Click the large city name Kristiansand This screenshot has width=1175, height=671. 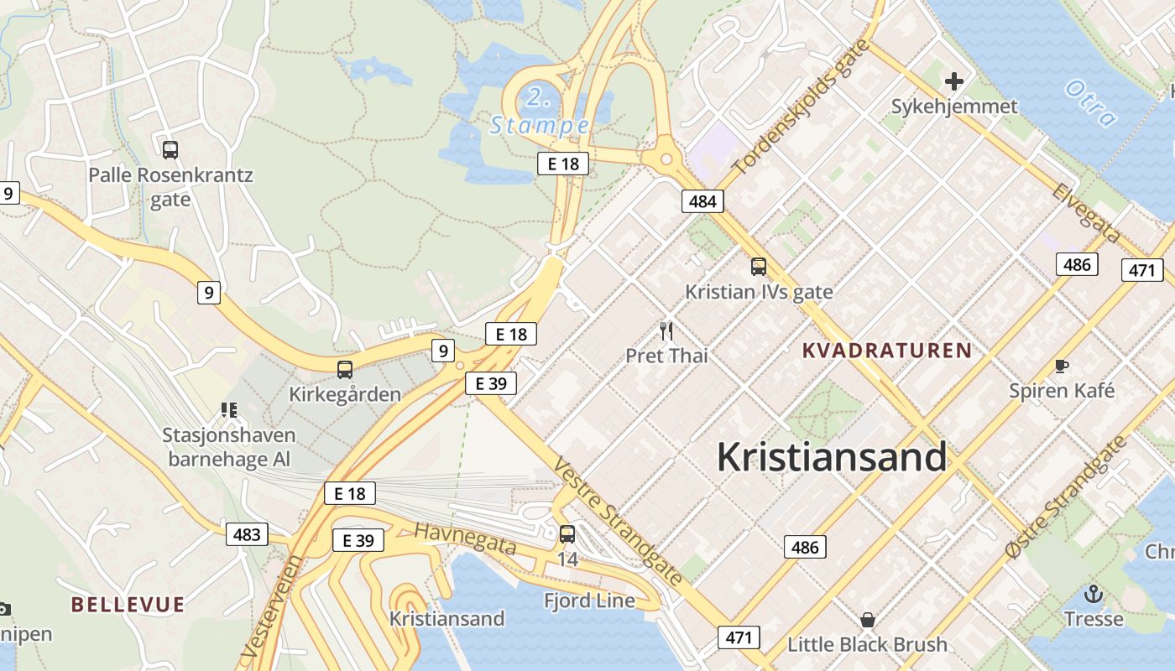(x=831, y=458)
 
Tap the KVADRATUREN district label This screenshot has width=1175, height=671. (x=887, y=351)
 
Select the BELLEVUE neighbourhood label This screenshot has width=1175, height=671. (x=128, y=604)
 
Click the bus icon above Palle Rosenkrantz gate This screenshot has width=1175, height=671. (x=170, y=150)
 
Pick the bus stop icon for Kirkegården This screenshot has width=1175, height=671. (x=344, y=369)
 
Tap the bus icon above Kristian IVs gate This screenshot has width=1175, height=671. (x=759, y=267)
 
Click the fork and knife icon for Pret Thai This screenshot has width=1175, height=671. (x=666, y=331)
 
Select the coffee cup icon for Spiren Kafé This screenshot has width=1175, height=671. (x=1062, y=366)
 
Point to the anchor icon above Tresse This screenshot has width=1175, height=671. (x=1093, y=595)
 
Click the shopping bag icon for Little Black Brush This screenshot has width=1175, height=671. (x=868, y=620)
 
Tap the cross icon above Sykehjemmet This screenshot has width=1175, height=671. (x=953, y=81)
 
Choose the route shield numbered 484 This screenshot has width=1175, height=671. (x=702, y=201)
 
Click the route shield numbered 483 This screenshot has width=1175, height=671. (x=247, y=534)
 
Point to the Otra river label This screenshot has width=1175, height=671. (x=1090, y=102)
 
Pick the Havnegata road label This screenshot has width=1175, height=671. (x=465, y=538)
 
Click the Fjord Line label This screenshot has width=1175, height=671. (x=589, y=601)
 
